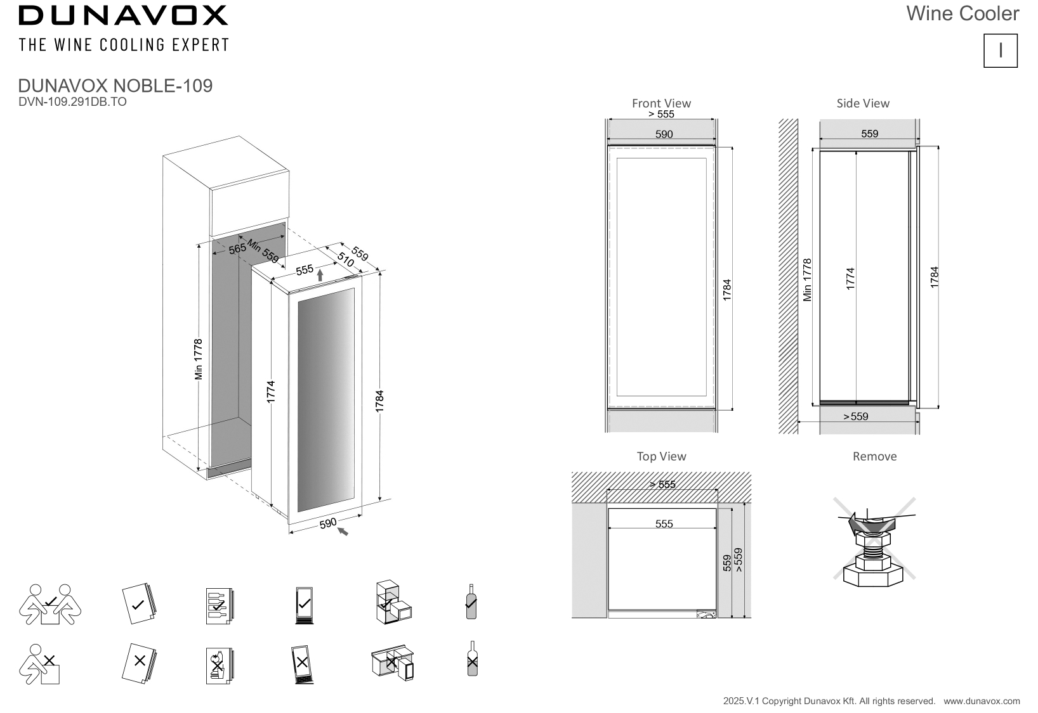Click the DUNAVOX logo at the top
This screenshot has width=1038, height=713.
point(123,15)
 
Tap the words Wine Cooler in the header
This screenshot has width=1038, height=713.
point(962,13)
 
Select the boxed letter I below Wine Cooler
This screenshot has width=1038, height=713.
point(1001,51)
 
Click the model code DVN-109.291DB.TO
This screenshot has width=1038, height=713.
point(72,102)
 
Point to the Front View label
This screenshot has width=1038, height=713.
point(661,103)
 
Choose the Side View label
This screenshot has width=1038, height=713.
point(863,103)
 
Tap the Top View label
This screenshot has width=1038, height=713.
point(661,456)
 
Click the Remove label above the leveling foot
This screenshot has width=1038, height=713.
point(874,456)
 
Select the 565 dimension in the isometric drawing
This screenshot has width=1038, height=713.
point(237,249)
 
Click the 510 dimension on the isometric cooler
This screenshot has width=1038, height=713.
point(345,260)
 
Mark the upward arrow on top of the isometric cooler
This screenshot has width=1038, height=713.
point(320,275)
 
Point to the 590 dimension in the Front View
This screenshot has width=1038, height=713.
point(664,134)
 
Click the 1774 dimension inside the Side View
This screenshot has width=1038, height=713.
point(850,279)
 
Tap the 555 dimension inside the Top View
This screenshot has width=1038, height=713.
point(664,524)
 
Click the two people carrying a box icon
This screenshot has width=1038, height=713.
point(50,604)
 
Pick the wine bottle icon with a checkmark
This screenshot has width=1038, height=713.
point(471,601)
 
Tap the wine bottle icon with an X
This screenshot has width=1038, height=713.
point(472,658)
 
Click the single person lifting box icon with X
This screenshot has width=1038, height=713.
point(39,664)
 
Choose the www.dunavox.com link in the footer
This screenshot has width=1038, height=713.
point(982,701)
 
